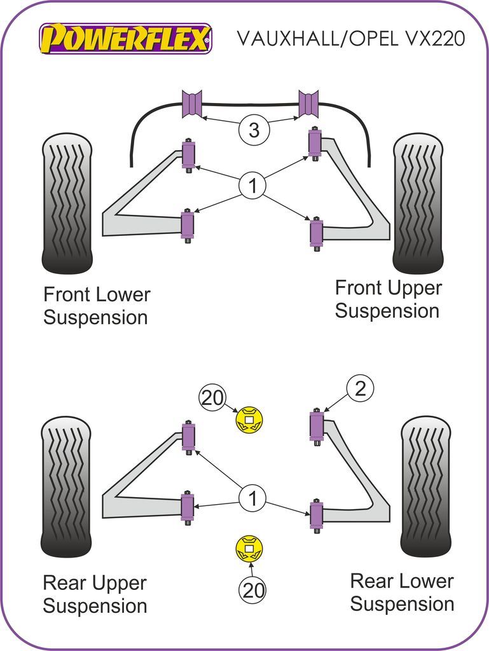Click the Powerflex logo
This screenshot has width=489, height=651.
pyautogui.click(x=125, y=39)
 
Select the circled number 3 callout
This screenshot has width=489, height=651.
pyautogui.click(x=254, y=131)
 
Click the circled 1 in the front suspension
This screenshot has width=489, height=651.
pyautogui.click(x=253, y=187)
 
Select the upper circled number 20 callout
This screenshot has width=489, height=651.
pyautogui.click(x=213, y=398)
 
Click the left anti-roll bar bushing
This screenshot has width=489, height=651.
pyautogui.click(x=192, y=104)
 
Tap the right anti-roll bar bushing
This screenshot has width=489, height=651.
pyautogui.click(x=308, y=104)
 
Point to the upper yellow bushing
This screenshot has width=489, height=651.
pyautogui.click(x=249, y=420)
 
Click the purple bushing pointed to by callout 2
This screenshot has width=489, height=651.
pyautogui.click(x=316, y=426)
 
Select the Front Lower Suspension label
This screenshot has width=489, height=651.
pyautogui.click(x=97, y=306)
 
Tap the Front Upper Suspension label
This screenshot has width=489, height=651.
pyautogui.click(x=388, y=299)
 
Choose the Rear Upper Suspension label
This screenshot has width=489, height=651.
pyautogui.click(x=95, y=594)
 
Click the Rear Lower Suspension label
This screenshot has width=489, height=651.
pyautogui.click(x=402, y=592)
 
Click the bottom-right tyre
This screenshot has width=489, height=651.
pyautogui.click(x=425, y=486)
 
